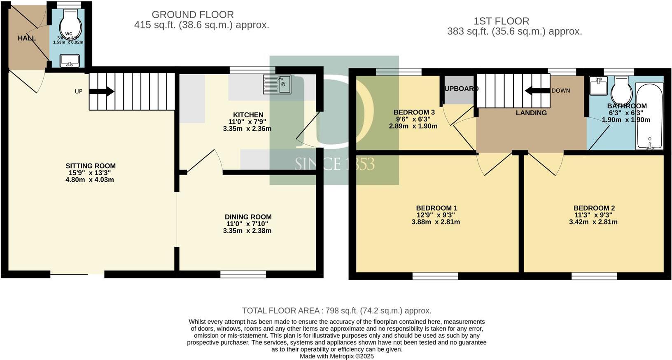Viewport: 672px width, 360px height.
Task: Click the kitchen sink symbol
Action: point(277,84)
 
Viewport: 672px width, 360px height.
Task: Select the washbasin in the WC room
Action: point(70,61)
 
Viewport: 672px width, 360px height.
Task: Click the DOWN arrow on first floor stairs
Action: point(537,91)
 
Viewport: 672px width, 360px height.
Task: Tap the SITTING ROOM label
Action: point(91,166)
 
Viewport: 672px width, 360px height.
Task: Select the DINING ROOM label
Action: point(248,217)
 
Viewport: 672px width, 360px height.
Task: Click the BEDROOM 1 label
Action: point(436,208)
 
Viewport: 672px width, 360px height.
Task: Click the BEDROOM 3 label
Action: point(414,112)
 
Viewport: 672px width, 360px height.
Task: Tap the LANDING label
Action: point(531,113)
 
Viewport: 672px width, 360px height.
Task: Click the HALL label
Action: point(27,38)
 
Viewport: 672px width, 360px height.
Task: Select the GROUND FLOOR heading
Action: point(193,15)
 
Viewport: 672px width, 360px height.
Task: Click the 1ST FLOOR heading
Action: point(501,21)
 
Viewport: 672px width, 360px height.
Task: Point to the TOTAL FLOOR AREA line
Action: point(336,311)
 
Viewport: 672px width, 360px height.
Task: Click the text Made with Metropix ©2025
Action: point(336,356)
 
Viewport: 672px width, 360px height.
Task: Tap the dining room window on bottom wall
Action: point(243,274)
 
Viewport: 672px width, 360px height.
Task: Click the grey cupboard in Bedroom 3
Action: point(459,95)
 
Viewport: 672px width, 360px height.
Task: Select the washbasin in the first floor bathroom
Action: point(598,85)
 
